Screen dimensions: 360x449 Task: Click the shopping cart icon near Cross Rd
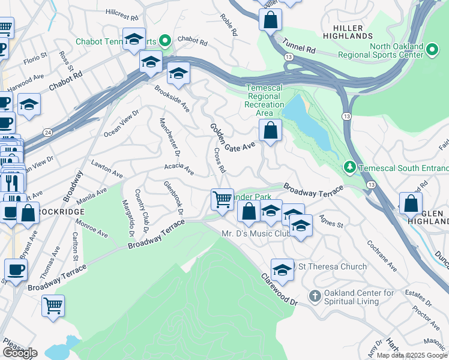pos(222,199)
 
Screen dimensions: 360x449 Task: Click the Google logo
pos(20,353)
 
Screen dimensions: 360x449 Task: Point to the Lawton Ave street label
pos(106,169)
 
